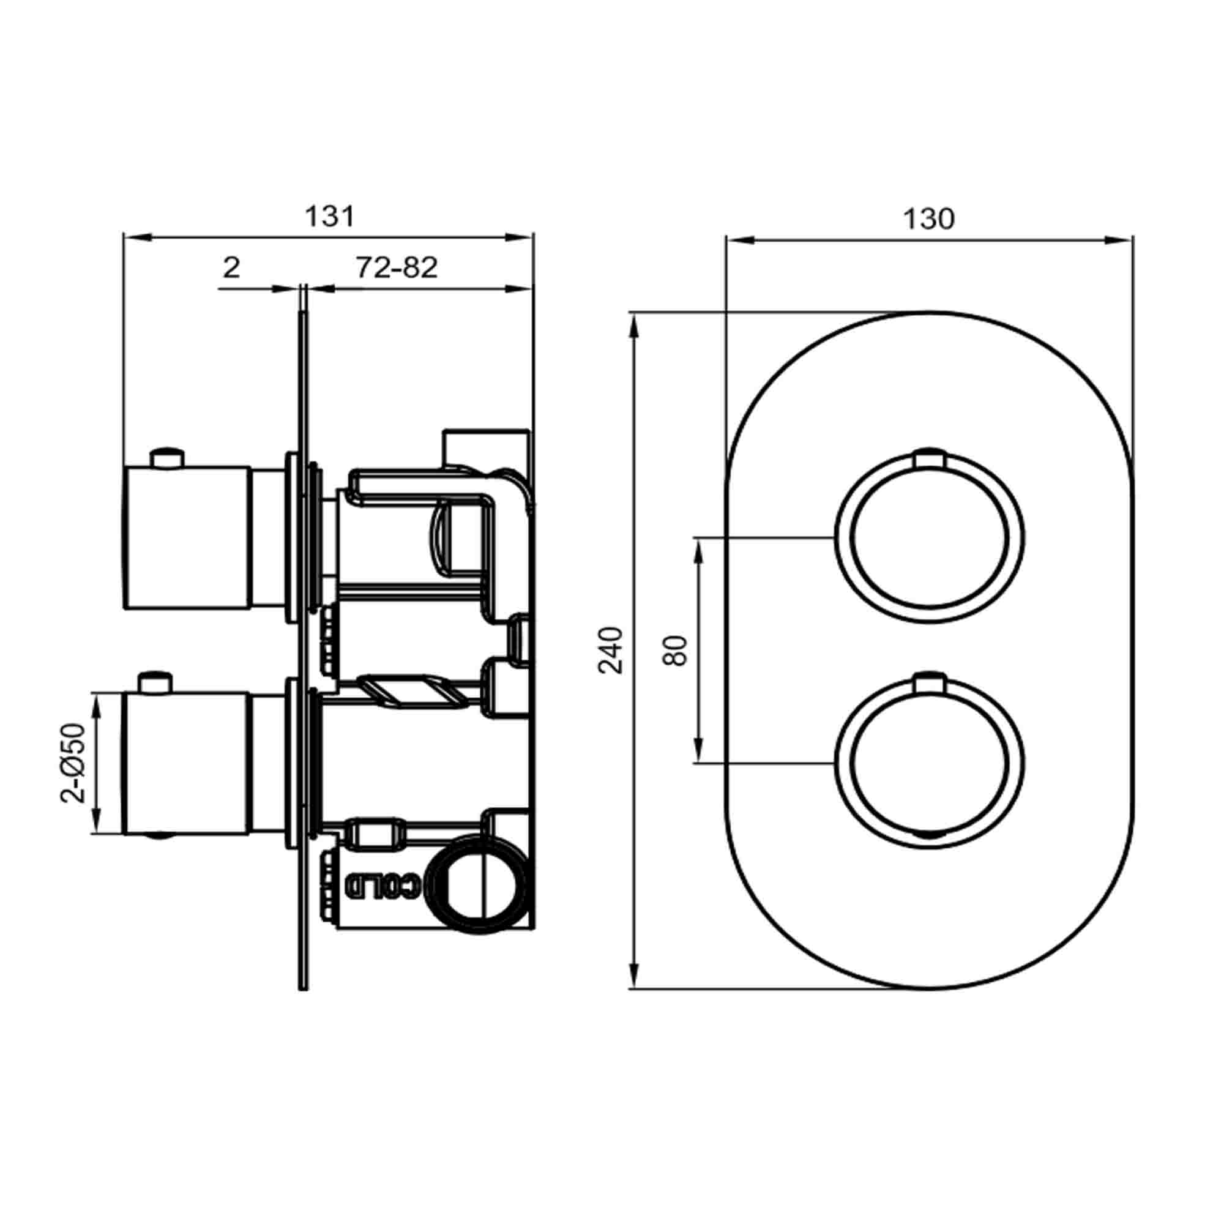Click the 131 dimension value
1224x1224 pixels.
coord(329,217)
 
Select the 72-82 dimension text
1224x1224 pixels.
coord(397,268)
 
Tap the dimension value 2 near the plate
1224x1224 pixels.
coord(232,268)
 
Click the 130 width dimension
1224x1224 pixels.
coord(928,219)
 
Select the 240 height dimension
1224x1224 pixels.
coord(611,650)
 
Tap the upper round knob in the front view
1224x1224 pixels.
coord(930,542)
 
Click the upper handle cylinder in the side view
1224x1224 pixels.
coord(187,537)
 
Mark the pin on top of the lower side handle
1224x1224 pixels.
coord(155,684)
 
